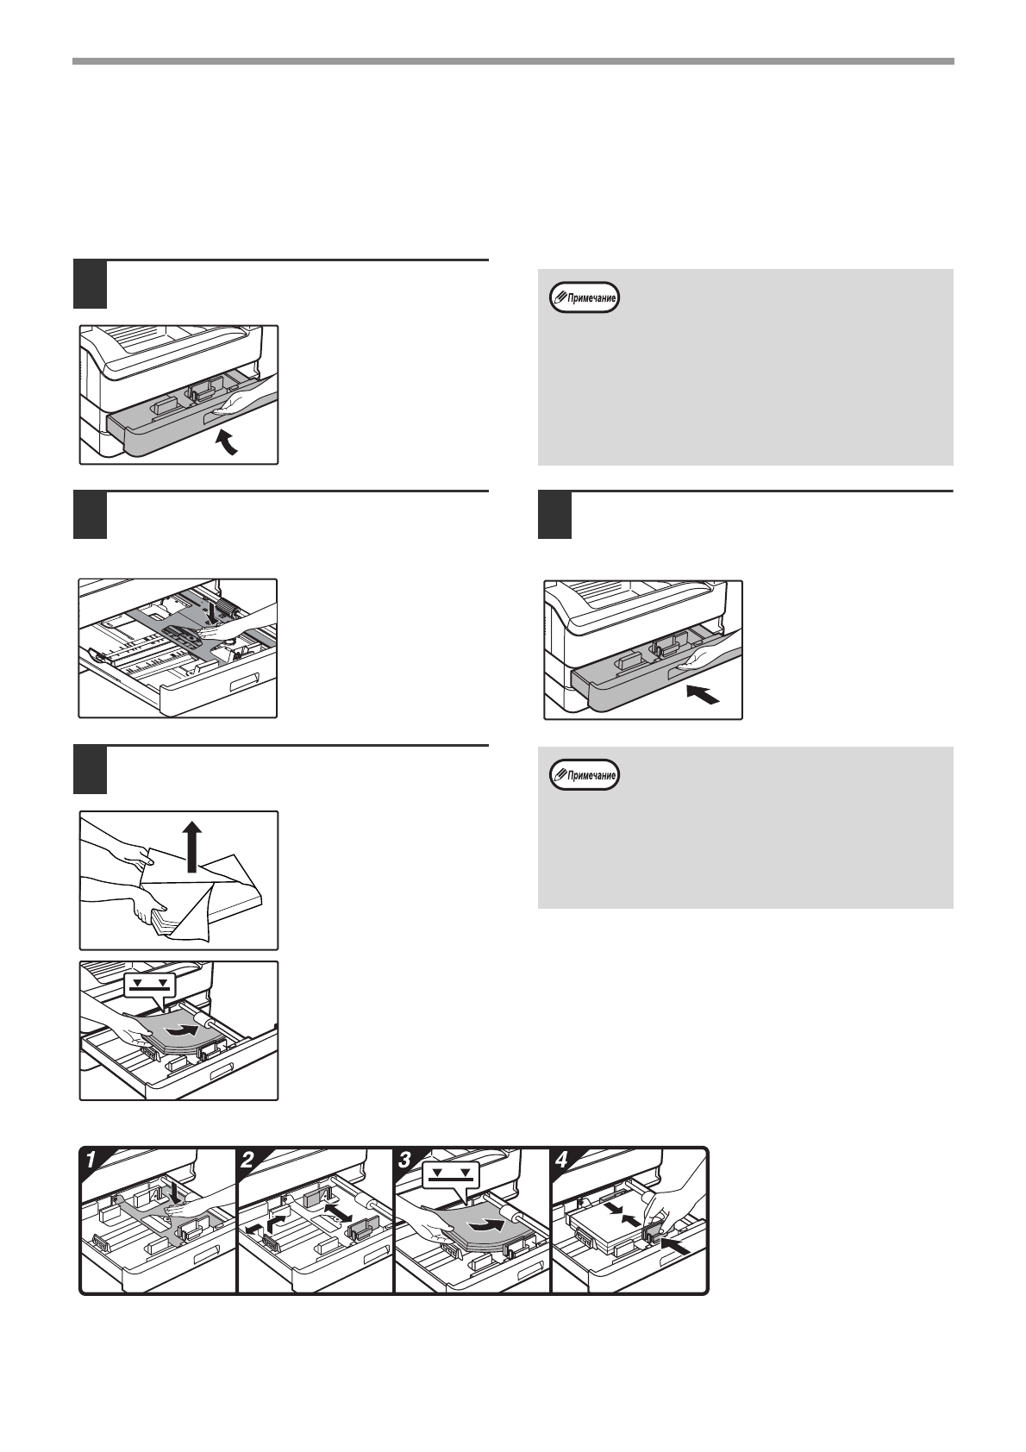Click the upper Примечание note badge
click(x=585, y=298)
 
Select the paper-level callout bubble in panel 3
click(x=450, y=1176)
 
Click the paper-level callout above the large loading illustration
click(x=147, y=985)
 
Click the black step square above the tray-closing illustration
click(x=554, y=516)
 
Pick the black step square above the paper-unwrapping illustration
click(x=90, y=769)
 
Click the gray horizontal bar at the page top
click(x=513, y=61)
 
